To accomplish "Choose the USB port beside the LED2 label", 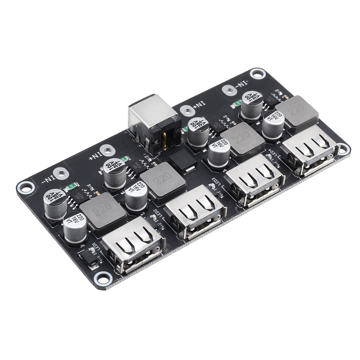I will click(x=195, y=211).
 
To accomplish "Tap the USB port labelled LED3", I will click(x=254, y=180).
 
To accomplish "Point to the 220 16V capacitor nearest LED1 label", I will click(x=75, y=227).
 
